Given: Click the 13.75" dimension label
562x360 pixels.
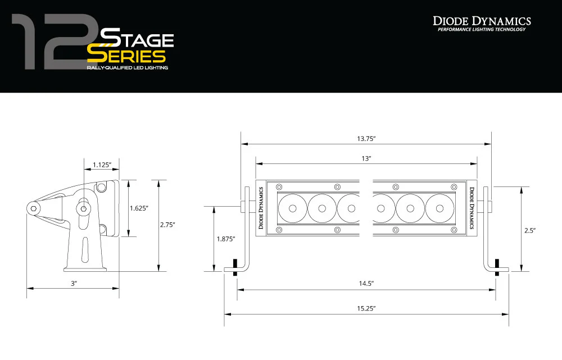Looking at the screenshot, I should point(366,138).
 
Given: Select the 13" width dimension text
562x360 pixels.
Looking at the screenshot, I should point(366,158).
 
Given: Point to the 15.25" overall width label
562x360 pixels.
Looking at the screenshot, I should point(366,308).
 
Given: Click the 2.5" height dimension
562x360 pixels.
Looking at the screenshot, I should point(530,230).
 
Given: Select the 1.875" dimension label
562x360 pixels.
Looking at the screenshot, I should point(226,239).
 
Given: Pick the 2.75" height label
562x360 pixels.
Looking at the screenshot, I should point(167,225).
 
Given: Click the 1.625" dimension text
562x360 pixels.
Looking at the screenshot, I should point(139,208).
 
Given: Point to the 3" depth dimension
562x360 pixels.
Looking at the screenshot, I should point(73,284).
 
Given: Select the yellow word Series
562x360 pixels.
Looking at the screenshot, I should point(126,56).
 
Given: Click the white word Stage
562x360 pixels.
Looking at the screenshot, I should point(137,39).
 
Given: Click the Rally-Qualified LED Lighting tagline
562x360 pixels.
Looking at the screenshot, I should point(127,67).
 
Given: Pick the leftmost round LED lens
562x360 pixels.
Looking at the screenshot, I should point(292,208).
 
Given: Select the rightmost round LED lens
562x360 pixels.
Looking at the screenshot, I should point(439,208).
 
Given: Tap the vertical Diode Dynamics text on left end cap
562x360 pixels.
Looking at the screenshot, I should point(261,208).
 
